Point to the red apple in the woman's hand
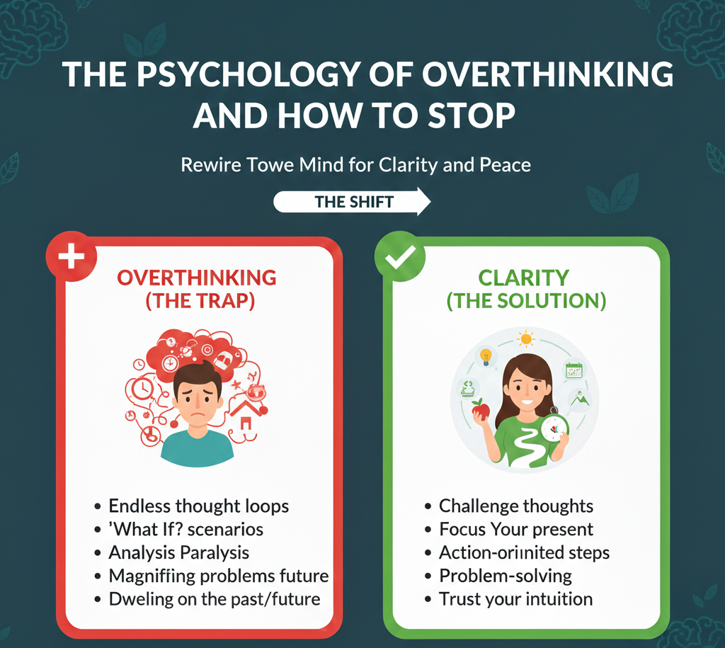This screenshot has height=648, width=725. [x=481, y=410]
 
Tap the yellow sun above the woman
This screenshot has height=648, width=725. [x=525, y=339]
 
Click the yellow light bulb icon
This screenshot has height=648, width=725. [x=486, y=356]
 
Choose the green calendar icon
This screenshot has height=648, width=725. [x=573, y=370]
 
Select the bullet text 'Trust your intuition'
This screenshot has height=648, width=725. [x=515, y=598]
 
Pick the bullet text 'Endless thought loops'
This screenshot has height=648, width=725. [x=198, y=506]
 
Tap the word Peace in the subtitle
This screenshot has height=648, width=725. [x=505, y=166]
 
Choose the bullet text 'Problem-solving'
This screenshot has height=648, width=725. [x=505, y=575]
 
